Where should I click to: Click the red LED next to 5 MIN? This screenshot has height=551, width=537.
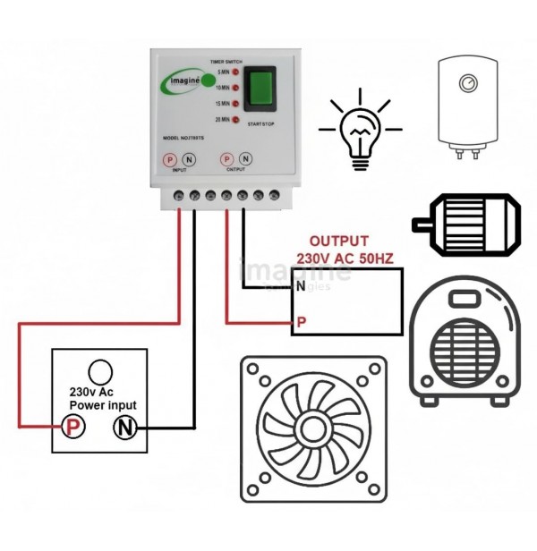pyautogui.click(x=234, y=71)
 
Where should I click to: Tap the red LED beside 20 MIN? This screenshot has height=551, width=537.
pyautogui.click(x=234, y=119)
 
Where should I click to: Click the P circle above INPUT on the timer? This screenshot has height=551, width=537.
pyautogui.click(x=169, y=158)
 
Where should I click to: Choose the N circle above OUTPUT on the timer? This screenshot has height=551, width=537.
pyautogui.click(x=246, y=158)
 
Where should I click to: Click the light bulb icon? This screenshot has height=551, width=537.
pyautogui.click(x=361, y=130)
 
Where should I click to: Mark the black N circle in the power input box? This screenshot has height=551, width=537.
pyautogui.click(x=124, y=428)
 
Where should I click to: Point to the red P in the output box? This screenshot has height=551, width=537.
pyautogui.click(x=303, y=319)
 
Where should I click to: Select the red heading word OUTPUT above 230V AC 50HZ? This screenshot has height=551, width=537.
pyautogui.click(x=338, y=242)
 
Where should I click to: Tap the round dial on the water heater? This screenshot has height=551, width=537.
pyautogui.click(x=467, y=82)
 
